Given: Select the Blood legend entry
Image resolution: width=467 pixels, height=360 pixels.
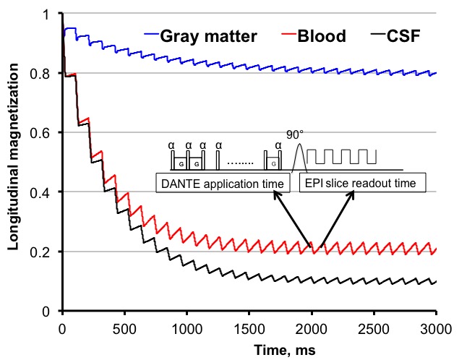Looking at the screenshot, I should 318,36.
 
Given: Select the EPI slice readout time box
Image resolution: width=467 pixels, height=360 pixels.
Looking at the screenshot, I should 362,184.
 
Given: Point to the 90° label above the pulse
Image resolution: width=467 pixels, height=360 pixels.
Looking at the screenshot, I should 294,133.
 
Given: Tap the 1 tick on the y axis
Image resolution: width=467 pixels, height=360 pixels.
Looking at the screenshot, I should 51,14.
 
